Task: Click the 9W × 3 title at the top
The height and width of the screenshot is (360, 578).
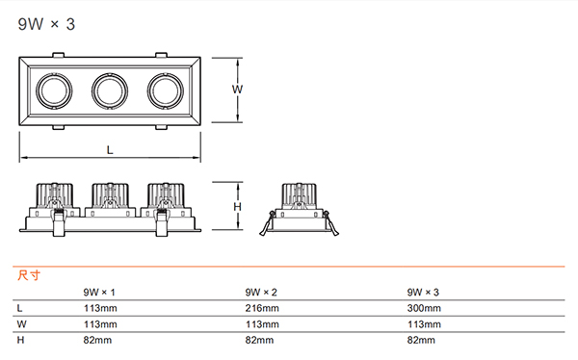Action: tap(46, 24)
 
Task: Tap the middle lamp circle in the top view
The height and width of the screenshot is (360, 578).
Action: tap(110, 74)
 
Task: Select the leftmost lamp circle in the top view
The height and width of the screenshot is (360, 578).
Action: tap(54, 74)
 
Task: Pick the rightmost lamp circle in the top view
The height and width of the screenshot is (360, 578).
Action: tap(166, 74)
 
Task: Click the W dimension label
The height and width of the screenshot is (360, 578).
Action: tap(237, 90)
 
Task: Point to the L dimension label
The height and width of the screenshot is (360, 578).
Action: tap(110, 150)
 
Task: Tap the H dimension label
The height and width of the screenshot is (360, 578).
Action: tap(237, 207)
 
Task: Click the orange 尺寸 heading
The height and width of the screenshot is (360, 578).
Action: tap(29, 275)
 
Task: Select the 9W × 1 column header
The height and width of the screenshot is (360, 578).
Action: tap(99, 293)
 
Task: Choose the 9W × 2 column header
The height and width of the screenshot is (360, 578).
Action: tap(261, 293)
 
